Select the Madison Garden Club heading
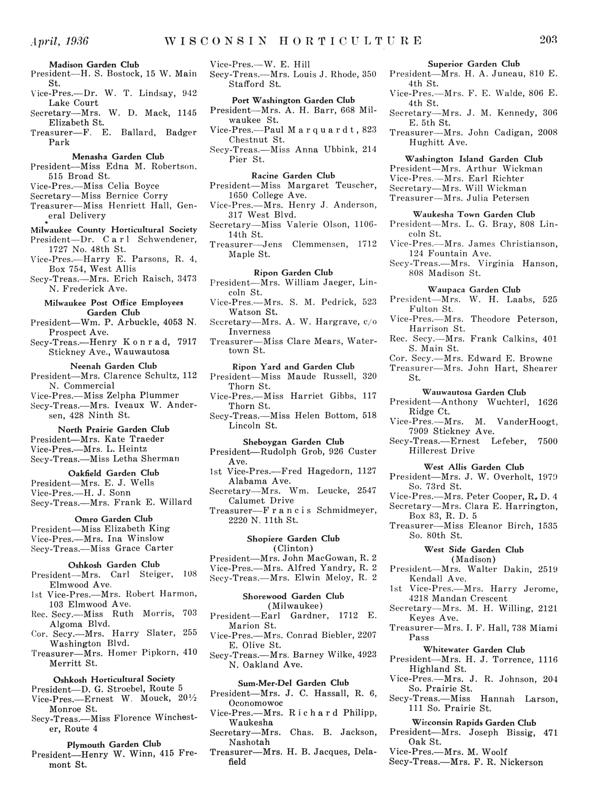(94, 65)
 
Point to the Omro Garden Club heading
(113, 519)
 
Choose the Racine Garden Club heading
(293, 176)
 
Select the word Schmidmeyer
(346, 510)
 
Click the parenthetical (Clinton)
(293, 548)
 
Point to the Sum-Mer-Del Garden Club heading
(293, 683)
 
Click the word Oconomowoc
(256, 703)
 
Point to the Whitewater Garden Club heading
(474, 650)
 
